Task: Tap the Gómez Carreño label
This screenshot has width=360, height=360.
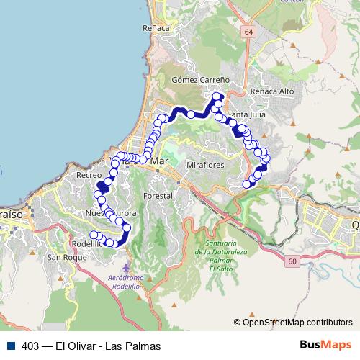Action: (200, 81)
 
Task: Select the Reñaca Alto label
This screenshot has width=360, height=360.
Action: (271, 92)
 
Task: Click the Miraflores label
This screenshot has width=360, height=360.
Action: (206, 165)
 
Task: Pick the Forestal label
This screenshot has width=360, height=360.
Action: (158, 196)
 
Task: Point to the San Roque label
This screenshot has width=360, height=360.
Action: (61, 257)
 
